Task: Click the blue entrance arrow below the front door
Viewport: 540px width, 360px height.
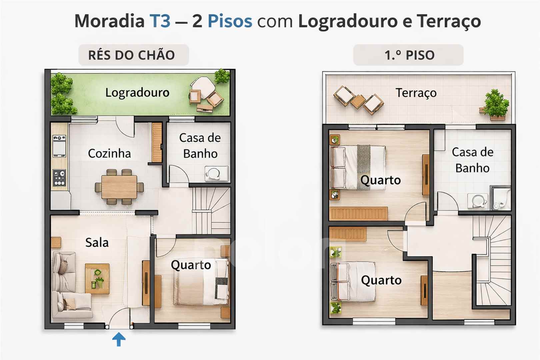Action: (x=119, y=339)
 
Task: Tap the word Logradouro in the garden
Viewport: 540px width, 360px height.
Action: (x=137, y=93)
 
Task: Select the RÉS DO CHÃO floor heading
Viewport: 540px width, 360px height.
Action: (x=131, y=55)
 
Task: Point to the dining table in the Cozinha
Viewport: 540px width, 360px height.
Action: (x=119, y=187)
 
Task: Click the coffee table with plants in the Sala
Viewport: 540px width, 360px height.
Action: (x=97, y=279)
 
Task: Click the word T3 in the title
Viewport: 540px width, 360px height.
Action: (x=160, y=21)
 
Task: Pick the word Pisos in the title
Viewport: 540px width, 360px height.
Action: (x=230, y=21)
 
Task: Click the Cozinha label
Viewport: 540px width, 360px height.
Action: (x=109, y=153)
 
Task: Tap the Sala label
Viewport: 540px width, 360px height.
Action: (x=97, y=242)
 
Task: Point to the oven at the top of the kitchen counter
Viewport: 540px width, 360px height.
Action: (x=59, y=146)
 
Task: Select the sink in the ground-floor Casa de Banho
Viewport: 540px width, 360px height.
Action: (x=216, y=173)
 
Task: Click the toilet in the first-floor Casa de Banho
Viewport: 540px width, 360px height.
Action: (x=501, y=198)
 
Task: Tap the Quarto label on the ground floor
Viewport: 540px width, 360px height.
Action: (x=191, y=265)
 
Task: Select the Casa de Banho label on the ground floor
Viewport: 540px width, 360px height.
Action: (x=200, y=146)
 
